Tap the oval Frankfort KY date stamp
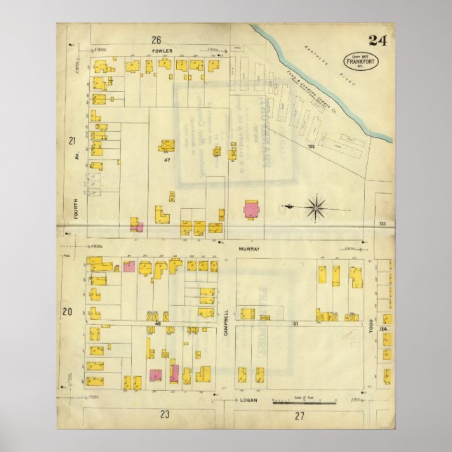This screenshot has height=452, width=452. point(358,60)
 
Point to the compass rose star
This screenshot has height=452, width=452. point(317,207)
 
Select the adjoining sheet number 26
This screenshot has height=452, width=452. point(155,39)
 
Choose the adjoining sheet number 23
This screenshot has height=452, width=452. point(165,414)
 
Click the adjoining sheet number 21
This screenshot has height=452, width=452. point(70,142)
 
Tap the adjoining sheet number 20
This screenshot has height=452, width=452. point(67,312)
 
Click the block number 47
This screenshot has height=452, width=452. point(167,161)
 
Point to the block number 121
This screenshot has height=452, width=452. point(295,323)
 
